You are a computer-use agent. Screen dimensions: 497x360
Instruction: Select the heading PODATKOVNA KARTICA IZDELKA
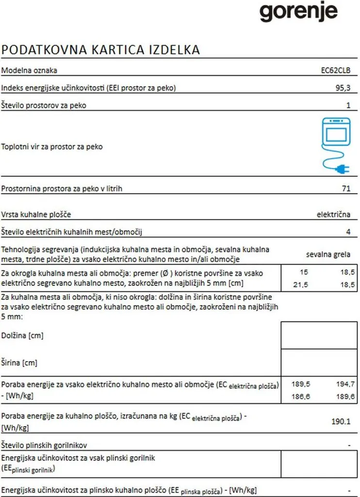tap(101, 50)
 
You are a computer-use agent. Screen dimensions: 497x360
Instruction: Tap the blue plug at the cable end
tap(342, 169)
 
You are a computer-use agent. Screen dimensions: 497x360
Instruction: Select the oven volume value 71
tap(345, 188)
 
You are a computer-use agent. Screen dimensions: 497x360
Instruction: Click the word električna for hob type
tap(333, 215)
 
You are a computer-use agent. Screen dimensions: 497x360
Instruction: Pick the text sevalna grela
tap(328, 254)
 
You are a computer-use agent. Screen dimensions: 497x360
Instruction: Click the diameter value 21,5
tap(301, 285)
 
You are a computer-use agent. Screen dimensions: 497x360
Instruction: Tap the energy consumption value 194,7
tap(345, 384)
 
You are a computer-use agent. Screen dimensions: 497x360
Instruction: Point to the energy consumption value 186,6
tap(301, 397)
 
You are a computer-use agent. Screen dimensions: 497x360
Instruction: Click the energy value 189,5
tap(301, 384)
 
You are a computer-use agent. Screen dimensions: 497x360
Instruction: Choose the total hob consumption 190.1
tap(340, 421)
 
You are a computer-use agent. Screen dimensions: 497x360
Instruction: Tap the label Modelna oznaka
tap(29, 70)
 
